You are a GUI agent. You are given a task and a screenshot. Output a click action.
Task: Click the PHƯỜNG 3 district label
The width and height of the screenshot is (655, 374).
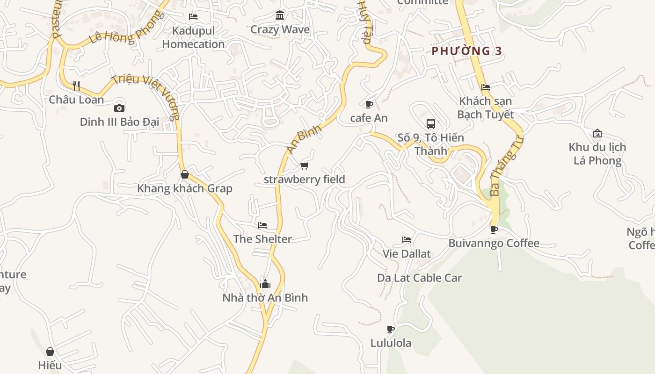point(466,51)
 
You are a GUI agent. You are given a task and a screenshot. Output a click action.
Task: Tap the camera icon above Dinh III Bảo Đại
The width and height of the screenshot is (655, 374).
point(119,108)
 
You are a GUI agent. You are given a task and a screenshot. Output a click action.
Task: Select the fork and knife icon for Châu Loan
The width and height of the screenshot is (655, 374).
point(76,86)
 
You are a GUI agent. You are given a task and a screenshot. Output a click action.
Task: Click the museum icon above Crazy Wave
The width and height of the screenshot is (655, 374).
point(280,15)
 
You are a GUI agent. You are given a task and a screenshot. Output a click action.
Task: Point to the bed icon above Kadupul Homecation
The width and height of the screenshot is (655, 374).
point(193,17)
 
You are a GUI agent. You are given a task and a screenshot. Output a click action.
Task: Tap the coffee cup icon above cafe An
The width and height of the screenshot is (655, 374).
point(369,104)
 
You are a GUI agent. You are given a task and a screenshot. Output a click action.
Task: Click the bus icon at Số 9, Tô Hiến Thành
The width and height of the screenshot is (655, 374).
point(431,124)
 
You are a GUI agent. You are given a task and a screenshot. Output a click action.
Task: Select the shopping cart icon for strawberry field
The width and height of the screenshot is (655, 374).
point(305,165)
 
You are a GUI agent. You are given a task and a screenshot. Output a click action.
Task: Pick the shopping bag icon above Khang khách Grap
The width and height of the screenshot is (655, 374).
point(185,175)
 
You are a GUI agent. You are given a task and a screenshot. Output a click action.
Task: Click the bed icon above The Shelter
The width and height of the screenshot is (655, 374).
point(262,225)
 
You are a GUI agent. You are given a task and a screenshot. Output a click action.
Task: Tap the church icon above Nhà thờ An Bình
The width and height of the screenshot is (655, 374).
point(265,284)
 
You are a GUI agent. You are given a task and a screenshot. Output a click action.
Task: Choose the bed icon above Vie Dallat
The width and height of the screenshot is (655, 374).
point(407,240)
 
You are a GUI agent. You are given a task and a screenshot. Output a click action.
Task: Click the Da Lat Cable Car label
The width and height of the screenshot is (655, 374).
point(419,278)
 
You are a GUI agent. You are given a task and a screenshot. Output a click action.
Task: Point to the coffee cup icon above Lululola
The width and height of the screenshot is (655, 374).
point(391,329)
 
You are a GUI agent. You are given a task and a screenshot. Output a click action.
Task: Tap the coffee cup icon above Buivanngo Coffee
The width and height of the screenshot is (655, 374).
point(494,230)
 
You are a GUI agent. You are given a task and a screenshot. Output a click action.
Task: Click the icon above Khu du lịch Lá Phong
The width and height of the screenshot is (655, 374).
point(597,133)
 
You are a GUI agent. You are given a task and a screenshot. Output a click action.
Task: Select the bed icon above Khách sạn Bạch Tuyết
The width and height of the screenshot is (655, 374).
point(486,87)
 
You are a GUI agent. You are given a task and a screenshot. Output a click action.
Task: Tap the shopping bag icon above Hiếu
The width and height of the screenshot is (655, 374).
point(50,352)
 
